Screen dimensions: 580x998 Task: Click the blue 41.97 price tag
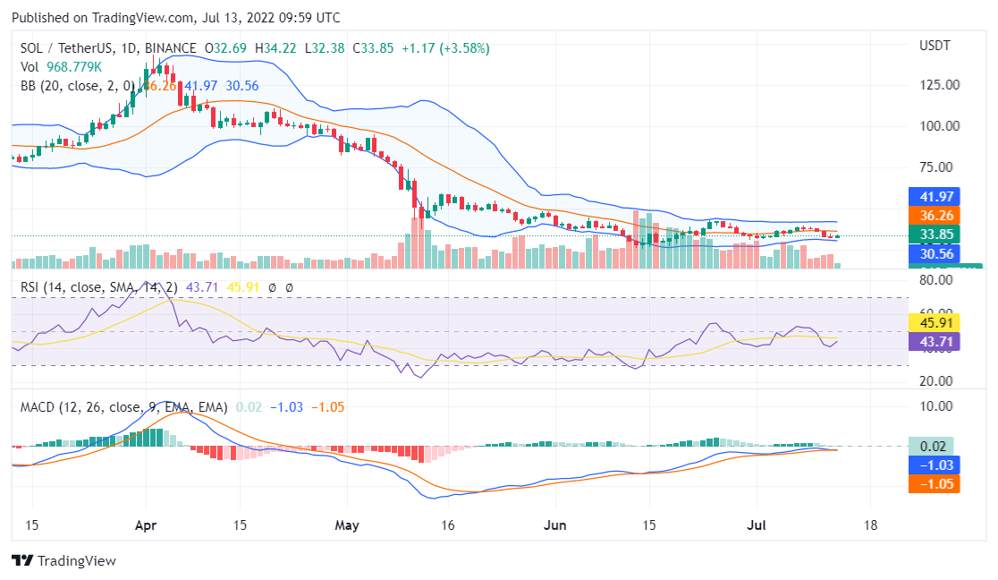coord(933,197)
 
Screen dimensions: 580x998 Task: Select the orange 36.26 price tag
coord(933,216)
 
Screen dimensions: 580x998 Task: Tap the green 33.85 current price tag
coord(933,235)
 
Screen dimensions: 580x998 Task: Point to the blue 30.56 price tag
coord(933,254)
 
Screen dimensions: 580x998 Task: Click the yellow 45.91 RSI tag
coord(933,322)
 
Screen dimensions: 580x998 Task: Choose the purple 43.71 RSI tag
coord(933,341)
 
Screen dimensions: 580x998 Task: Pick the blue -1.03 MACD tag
coord(933,465)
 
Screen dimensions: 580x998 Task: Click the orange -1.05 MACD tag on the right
coord(933,484)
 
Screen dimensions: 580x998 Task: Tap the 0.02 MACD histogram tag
coord(933,446)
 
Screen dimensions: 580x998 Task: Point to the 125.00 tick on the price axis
coord(940,85)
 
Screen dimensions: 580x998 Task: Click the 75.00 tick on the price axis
coord(940,167)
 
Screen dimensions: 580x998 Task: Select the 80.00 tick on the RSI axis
coord(935,280)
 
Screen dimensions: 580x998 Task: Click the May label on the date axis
coord(346,525)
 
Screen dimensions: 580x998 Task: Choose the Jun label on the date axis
coord(555,525)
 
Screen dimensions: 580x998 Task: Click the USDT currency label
coord(935,46)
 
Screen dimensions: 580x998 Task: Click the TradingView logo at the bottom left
coord(64,561)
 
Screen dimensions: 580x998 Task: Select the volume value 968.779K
coord(75,67)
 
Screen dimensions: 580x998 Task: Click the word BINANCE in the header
coord(170,48)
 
